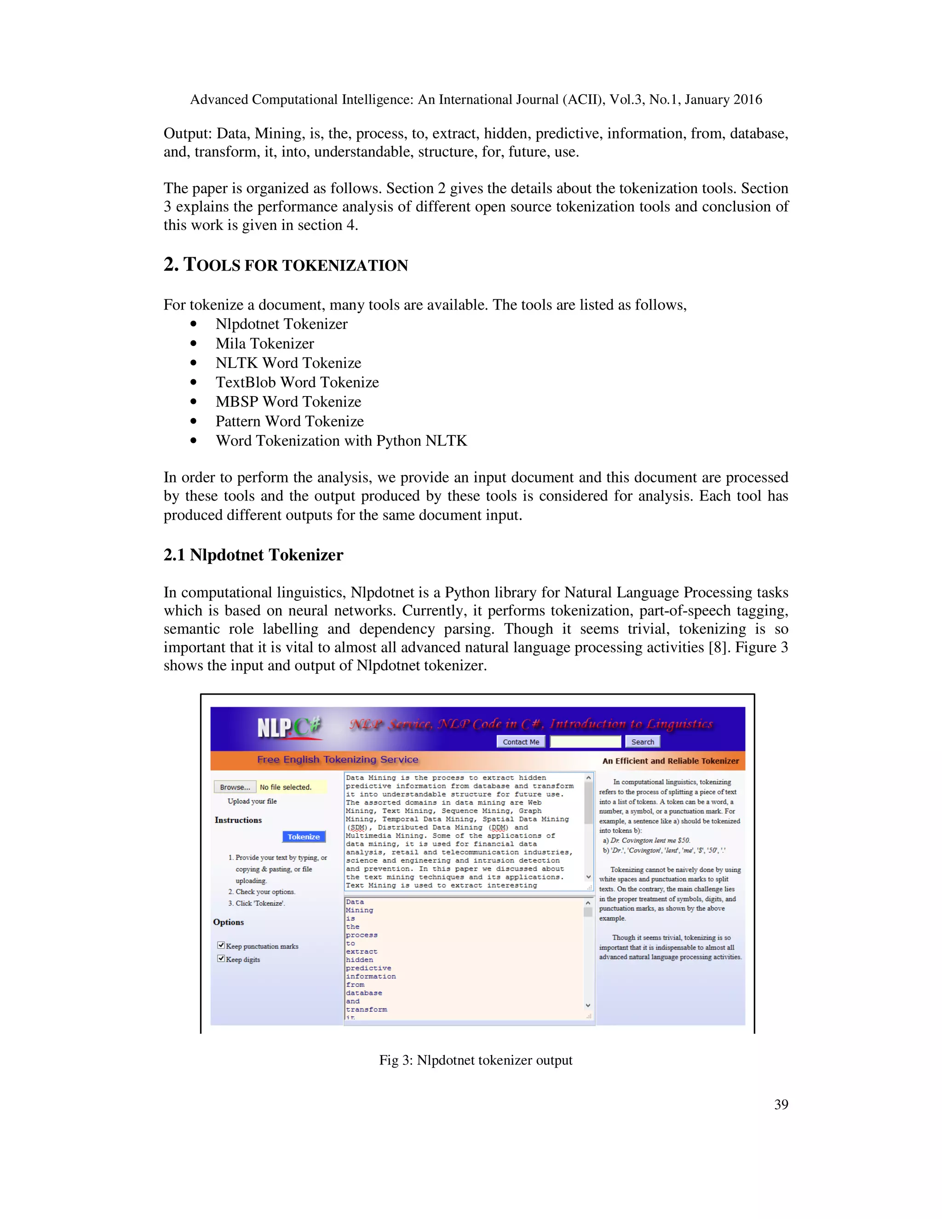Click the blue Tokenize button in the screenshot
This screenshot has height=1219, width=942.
[x=304, y=837]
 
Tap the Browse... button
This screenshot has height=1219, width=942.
[x=235, y=787]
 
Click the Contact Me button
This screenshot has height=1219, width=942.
[x=521, y=742]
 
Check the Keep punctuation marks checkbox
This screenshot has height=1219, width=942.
[x=221, y=945]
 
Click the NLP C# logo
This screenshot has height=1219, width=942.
[x=289, y=727]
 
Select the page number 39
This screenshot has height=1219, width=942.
[x=781, y=1104]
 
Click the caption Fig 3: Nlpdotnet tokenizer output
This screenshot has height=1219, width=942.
[x=476, y=1060]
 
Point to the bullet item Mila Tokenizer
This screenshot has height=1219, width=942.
[x=264, y=344]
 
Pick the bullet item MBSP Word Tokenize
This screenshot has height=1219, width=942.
[x=288, y=402]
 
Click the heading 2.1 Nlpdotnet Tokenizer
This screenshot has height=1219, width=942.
[x=253, y=555]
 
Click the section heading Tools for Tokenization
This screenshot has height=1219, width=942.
[x=286, y=265]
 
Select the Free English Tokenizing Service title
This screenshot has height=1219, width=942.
[x=338, y=759]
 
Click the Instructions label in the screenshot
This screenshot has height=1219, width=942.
[x=238, y=820]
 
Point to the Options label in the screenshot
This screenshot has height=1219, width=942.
[x=228, y=922]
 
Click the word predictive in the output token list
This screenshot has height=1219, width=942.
[x=368, y=968]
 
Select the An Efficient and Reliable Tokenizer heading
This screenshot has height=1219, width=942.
[x=670, y=761]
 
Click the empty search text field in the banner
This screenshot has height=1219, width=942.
[x=585, y=742]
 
